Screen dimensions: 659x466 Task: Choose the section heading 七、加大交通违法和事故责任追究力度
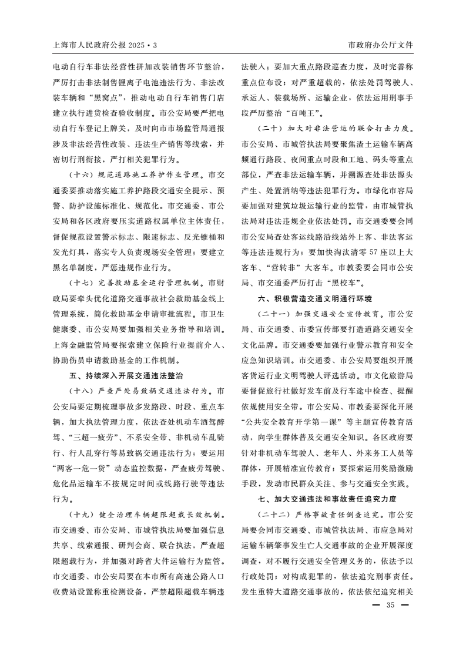pos(327,500)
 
